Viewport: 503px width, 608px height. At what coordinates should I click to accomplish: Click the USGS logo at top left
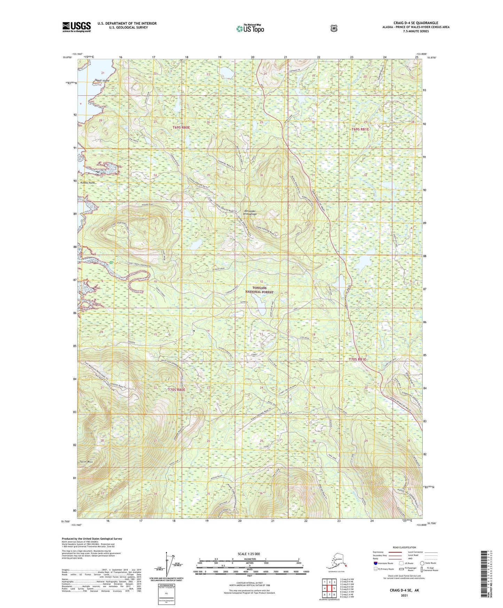[x=76, y=27]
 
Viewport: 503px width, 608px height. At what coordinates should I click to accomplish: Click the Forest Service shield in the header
[x=333, y=28]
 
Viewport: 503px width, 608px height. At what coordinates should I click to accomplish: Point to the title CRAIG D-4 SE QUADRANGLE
[x=416, y=23]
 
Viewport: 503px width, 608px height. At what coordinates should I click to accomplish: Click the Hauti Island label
[x=102, y=80]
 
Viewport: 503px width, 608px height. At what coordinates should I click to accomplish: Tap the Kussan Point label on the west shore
[x=87, y=183]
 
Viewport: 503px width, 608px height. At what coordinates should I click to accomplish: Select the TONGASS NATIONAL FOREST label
[x=259, y=290]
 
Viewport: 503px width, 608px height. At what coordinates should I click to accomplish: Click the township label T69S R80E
[x=181, y=128]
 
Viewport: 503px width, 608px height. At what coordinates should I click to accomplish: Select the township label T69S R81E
[x=360, y=129]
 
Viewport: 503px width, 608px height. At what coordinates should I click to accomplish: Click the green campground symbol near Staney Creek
[x=111, y=263]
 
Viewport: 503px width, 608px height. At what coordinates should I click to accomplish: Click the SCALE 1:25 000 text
[x=249, y=554]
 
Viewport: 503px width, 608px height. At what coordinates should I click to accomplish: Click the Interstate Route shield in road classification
[x=375, y=563]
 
